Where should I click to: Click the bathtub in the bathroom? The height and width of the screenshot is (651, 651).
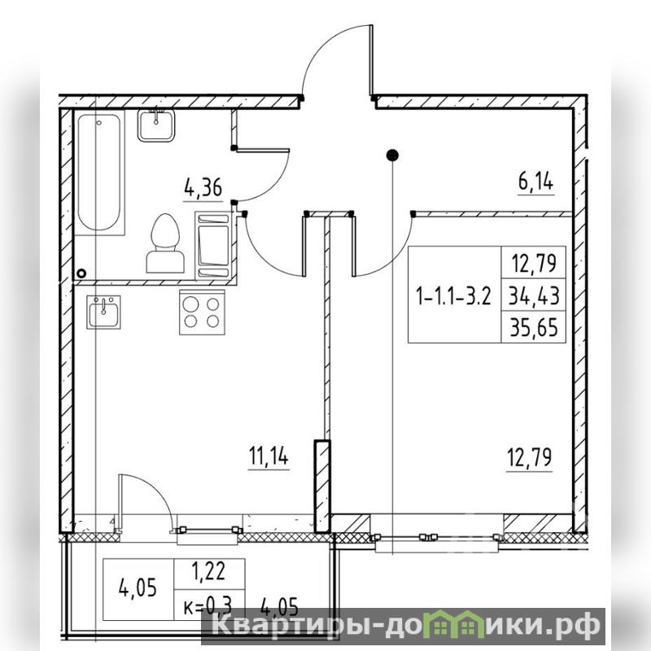pyautogui.click(x=99, y=173)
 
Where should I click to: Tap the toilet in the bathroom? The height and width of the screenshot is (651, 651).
pyautogui.click(x=165, y=243)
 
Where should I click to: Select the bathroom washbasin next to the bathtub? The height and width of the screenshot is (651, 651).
pyautogui.click(x=155, y=125)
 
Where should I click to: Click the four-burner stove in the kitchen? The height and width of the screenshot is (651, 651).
pyautogui.click(x=202, y=312)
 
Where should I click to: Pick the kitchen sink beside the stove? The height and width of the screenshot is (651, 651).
pyautogui.click(x=103, y=312)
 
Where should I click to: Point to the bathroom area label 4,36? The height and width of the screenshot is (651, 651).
pyautogui.click(x=203, y=188)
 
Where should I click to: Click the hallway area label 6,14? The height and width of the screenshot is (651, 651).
pyautogui.click(x=535, y=181)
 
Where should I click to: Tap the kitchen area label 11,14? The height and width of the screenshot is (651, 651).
pyautogui.click(x=269, y=456)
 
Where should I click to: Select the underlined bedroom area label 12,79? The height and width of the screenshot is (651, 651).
pyautogui.click(x=530, y=457)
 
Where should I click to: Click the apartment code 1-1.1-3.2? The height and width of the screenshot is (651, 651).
pyautogui.click(x=453, y=296)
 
